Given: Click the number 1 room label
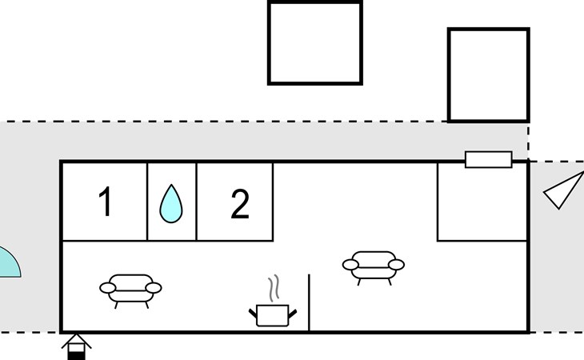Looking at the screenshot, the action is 106,201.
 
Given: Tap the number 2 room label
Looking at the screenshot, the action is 240,204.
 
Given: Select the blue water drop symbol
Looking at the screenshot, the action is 171,204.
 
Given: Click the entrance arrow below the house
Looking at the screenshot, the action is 76,347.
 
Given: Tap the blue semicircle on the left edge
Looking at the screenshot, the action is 9,263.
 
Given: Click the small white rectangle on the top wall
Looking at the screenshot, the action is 489,159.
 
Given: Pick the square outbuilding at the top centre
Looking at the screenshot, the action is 315,43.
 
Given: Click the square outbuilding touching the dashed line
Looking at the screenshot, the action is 489,75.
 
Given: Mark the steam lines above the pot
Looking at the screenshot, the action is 274,288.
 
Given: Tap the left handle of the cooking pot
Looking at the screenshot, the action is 254,314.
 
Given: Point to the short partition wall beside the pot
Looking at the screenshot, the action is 309,302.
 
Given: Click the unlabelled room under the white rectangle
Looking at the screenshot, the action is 482,202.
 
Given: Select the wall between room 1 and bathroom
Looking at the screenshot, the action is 147,202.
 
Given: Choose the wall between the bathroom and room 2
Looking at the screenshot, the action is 196,202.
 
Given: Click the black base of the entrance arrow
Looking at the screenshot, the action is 76,356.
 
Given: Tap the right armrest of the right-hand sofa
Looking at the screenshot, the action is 396,265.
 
